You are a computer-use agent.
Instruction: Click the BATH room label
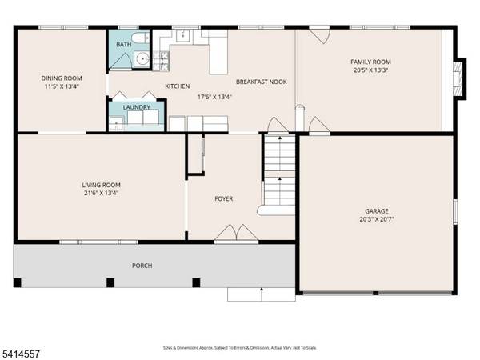123,45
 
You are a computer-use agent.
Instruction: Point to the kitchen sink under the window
182,35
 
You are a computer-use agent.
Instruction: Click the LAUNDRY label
136,106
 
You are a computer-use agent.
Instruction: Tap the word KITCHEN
177,86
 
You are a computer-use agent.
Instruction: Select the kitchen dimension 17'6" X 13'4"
214,97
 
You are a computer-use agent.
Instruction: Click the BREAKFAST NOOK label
261,82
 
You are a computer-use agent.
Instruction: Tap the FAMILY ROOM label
370,62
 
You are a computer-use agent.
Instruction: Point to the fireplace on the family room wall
457,78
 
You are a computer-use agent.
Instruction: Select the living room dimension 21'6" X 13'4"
101,193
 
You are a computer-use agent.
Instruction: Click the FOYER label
223,198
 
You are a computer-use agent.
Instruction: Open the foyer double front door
227,233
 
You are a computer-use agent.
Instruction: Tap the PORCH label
142,266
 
